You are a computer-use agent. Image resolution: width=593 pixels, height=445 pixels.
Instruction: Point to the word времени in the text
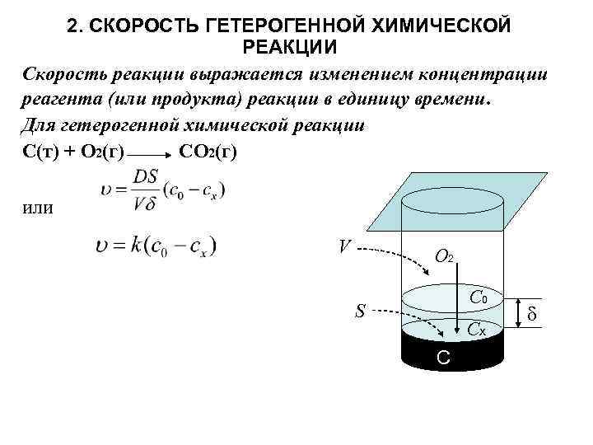(447, 101)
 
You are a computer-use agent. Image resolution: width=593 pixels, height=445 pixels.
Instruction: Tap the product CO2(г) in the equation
(207, 153)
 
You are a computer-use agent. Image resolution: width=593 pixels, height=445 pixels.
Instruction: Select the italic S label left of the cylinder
(360, 311)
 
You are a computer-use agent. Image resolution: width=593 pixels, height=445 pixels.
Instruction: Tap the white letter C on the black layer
(442, 358)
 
